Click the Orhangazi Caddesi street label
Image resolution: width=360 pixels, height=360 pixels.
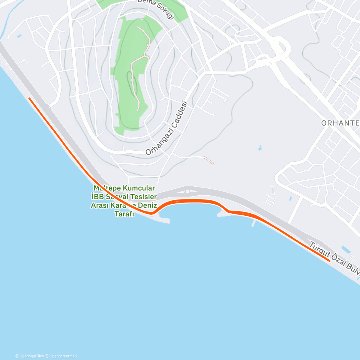click(x=166, y=128)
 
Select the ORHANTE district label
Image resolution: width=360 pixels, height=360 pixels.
click(x=340, y=123)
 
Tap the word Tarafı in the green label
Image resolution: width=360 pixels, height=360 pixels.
click(x=124, y=214)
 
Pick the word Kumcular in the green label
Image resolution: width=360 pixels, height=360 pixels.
click(x=140, y=188)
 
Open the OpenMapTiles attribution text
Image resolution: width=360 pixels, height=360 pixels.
click(x=29, y=356)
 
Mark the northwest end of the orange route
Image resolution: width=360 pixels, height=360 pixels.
click(x=29, y=98)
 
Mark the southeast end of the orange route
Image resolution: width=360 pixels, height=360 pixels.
click(x=330, y=261)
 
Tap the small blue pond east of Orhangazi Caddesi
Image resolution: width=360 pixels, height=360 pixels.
click(x=260, y=148)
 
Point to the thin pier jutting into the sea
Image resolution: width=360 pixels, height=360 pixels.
click(x=254, y=223)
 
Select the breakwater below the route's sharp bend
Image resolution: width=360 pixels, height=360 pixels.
click(x=163, y=220)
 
